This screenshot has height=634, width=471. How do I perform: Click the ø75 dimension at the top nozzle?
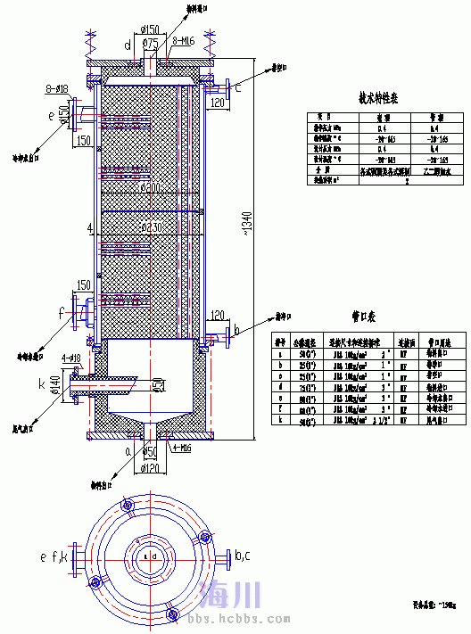pyautogui.click(x=151, y=43)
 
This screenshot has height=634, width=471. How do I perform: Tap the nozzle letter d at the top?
pyautogui.click(x=127, y=44)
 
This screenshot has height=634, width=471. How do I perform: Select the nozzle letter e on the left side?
pyautogui.click(x=51, y=114)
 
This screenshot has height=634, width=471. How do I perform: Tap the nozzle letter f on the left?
pyautogui.click(x=61, y=313)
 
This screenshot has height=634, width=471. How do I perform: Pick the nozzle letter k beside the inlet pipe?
pyautogui.click(x=42, y=383)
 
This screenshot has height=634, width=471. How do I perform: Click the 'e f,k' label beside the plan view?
pyautogui.click(x=54, y=557)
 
